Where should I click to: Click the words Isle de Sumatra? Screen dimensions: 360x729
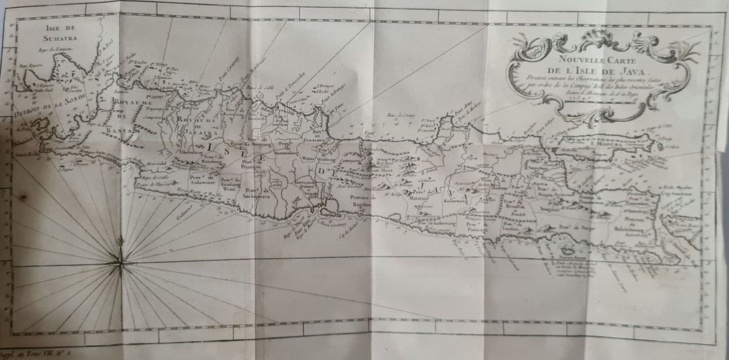41,34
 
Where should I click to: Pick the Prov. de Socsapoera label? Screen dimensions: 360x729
259,191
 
